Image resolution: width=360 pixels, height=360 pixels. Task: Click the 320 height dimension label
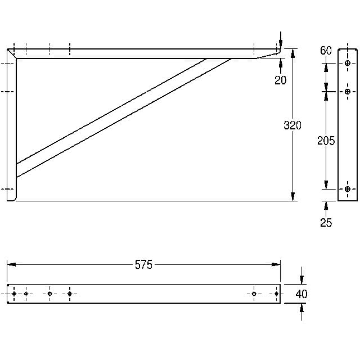[292, 125]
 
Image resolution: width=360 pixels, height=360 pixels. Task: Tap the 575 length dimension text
[143, 264]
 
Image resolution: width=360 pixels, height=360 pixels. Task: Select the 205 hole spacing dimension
[326, 141]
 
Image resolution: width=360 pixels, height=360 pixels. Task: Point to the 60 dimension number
[326, 51]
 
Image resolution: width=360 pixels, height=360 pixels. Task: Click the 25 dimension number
[326, 223]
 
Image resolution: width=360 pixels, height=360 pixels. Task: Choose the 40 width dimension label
[301, 294]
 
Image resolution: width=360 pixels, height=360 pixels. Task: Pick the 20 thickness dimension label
[281, 80]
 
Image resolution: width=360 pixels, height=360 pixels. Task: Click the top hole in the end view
[348, 63]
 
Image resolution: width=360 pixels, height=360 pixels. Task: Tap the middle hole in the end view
[348, 92]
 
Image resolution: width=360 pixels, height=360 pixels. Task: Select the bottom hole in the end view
[348, 189]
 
